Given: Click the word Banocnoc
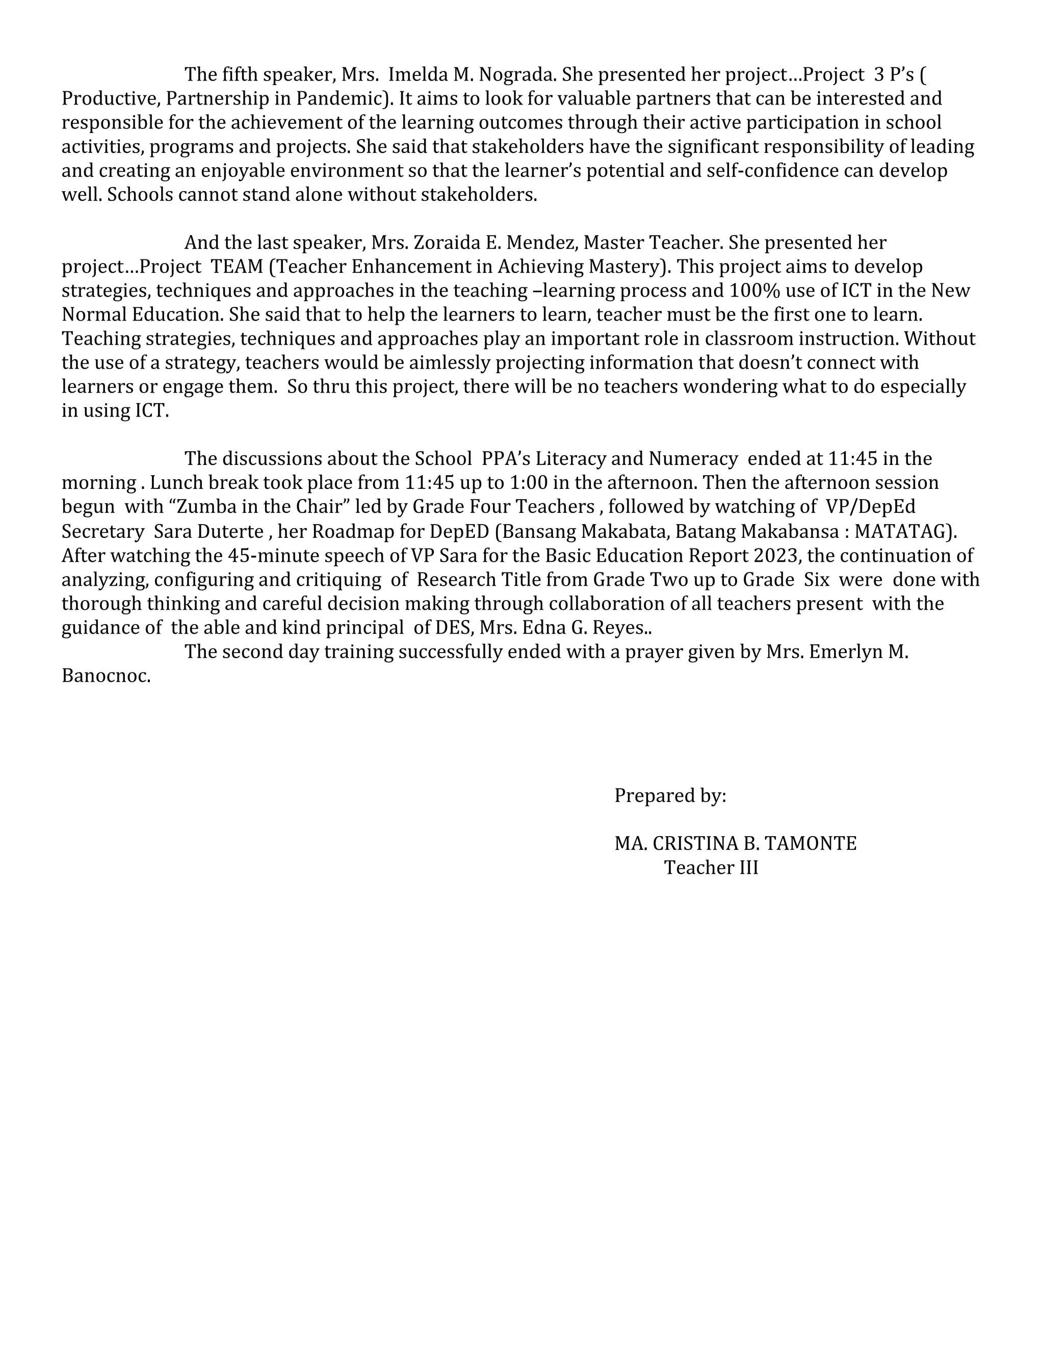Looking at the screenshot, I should pyautogui.click(x=106, y=677).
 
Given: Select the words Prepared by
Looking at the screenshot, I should pyautogui.click(x=670, y=796).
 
